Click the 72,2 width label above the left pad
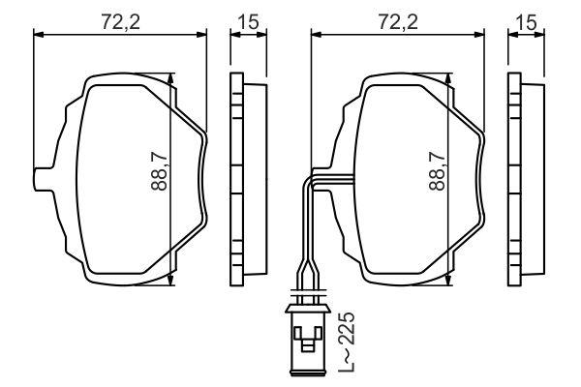coord(121,22)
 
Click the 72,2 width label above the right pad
coord(398,22)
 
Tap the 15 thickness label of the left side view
coord(249,22)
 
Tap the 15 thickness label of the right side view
coord(527,22)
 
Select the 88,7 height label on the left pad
coord(160,172)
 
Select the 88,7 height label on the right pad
coord(438,172)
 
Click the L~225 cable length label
coord(347,342)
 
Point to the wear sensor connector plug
coord(307,340)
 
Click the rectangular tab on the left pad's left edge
coord(44,180)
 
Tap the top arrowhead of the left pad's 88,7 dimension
coord(170,79)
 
